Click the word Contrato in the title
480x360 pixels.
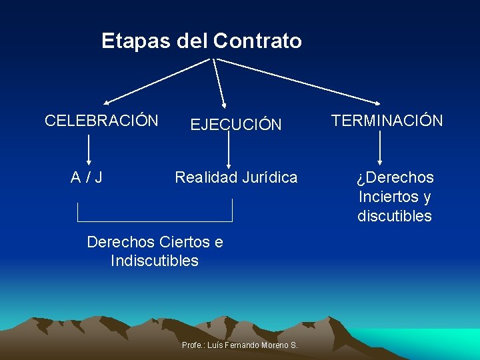point(257,41)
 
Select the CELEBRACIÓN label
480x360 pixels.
point(101,121)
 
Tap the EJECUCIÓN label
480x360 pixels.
point(236,125)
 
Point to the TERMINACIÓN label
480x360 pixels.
point(387,121)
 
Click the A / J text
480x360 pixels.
point(87,177)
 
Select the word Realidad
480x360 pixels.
point(205,177)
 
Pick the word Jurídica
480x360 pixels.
point(269,177)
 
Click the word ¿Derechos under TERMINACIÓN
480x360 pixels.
point(395,177)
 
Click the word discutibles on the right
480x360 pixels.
point(395,216)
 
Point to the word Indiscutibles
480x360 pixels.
point(155,261)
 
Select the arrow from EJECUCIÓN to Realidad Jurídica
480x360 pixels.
point(229,148)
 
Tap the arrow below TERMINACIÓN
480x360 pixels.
point(379,148)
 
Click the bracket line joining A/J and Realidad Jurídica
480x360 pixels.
point(155,221)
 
